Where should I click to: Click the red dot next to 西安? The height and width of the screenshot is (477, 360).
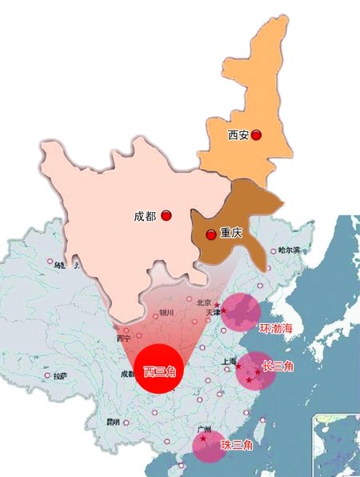[x=256, y=136]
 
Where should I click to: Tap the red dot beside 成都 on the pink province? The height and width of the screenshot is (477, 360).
[x=166, y=216]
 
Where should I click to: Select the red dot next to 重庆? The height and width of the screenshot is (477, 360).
[x=210, y=234]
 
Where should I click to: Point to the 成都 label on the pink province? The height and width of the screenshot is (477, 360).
[x=146, y=216]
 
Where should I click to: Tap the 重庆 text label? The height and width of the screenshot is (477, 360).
[x=231, y=234]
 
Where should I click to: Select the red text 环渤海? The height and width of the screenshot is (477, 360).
[x=277, y=328]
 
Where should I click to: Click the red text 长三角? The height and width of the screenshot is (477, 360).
[x=278, y=366]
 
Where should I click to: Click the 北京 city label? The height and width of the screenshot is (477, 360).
[x=204, y=302]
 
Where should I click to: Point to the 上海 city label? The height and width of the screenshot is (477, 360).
[x=228, y=362]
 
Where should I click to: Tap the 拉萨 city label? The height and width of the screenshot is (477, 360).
[x=59, y=375]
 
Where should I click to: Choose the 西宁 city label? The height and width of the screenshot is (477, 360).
[x=123, y=339]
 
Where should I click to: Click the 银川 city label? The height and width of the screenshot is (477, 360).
[x=166, y=313]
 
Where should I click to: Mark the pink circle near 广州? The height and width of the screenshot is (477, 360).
[x=209, y=446]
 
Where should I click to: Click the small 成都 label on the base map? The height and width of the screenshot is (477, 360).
[x=127, y=373]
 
